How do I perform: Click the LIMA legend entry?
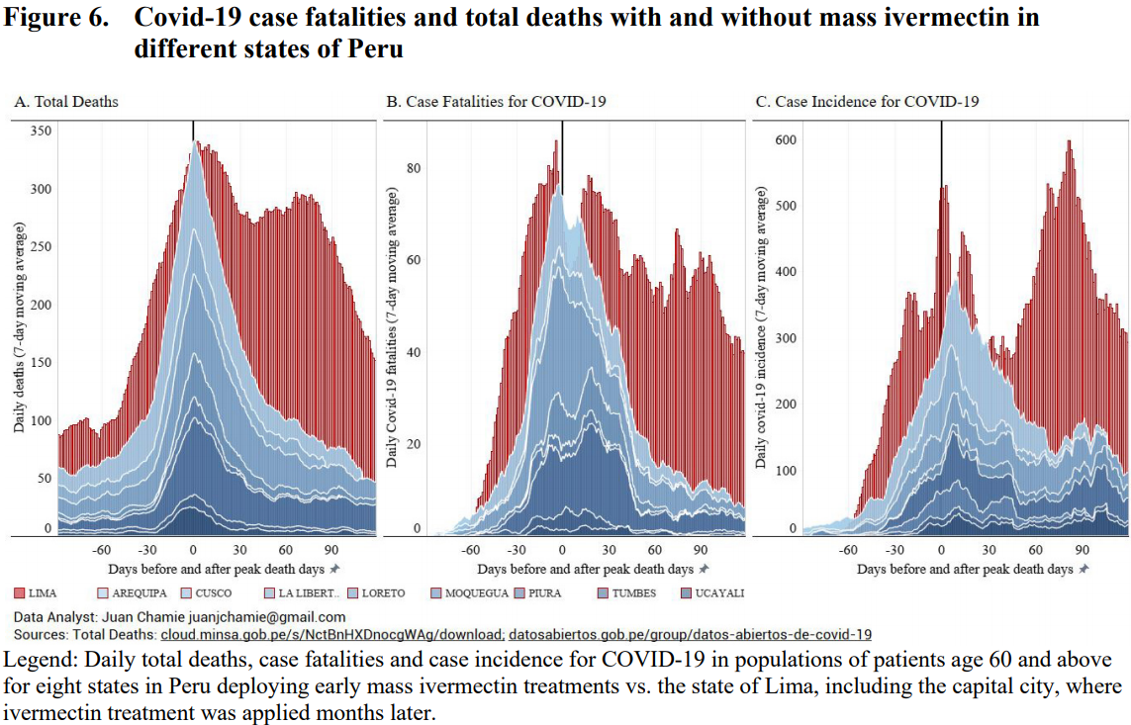[x=36, y=593]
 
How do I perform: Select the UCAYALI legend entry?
[x=712, y=593]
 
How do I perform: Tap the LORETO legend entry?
[x=377, y=593]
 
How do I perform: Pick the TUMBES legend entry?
[x=627, y=593]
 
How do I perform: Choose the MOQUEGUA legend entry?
[x=470, y=593]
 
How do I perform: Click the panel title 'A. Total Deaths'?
[x=66, y=102]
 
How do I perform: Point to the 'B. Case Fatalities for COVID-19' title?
[x=497, y=102]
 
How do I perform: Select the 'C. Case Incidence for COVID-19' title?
[x=867, y=102]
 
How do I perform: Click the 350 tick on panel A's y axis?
[x=42, y=131]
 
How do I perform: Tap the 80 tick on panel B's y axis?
[x=414, y=168]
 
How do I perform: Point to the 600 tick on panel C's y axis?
[x=787, y=139]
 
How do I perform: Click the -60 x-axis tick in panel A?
[x=101, y=550]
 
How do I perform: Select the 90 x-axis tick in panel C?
[x=1082, y=550]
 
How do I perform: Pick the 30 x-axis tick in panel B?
[x=609, y=550]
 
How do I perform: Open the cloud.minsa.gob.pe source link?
[x=331, y=635]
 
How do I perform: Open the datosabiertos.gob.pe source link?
[x=691, y=635]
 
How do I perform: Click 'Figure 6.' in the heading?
[x=56, y=17]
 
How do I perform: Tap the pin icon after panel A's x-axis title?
[x=334, y=569]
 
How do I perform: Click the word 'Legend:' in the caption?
[x=41, y=660]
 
